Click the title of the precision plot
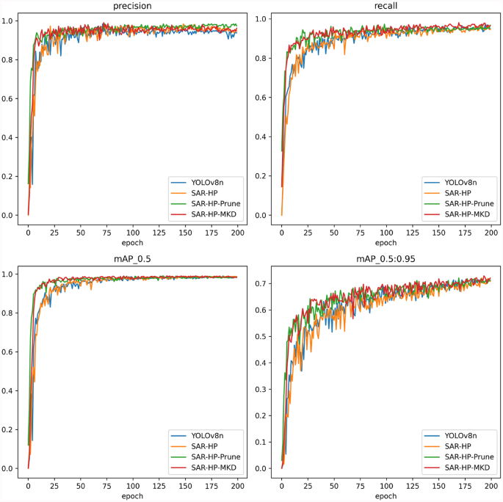132,7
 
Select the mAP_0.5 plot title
132,260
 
